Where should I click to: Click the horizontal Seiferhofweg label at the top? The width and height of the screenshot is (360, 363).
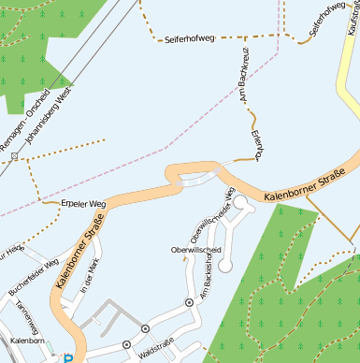(x=189, y=39)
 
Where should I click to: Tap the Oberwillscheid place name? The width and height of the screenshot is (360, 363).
(x=194, y=251)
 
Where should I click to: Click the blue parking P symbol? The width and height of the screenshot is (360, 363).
(x=67, y=357)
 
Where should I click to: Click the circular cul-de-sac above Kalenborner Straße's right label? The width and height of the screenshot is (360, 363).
(x=239, y=201)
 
